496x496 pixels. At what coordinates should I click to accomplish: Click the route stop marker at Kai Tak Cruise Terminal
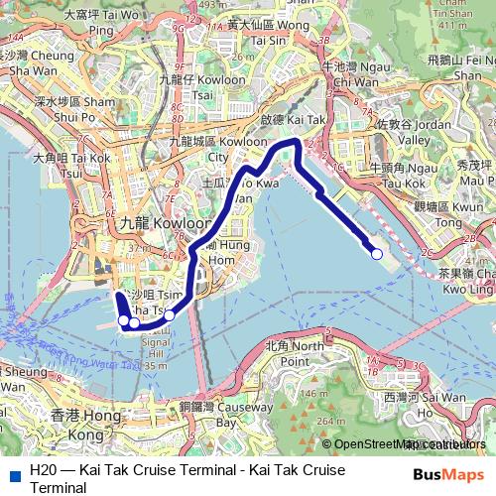pyautogui.click(x=377, y=255)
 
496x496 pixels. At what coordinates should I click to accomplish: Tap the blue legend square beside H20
pyautogui.click(x=14, y=470)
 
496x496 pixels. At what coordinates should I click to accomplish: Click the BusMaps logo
pyautogui.click(x=448, y=472)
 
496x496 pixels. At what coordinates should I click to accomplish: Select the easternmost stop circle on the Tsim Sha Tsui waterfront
pyautogui.click(x=170, y=315)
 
